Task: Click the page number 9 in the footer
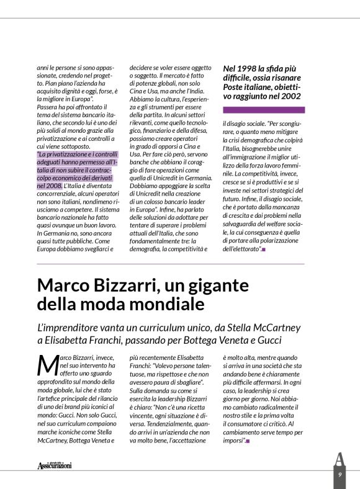click(340, 475)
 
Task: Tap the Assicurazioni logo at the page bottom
click(54, 465)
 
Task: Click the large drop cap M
click(46, 364)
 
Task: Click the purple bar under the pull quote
click(263, 109)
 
